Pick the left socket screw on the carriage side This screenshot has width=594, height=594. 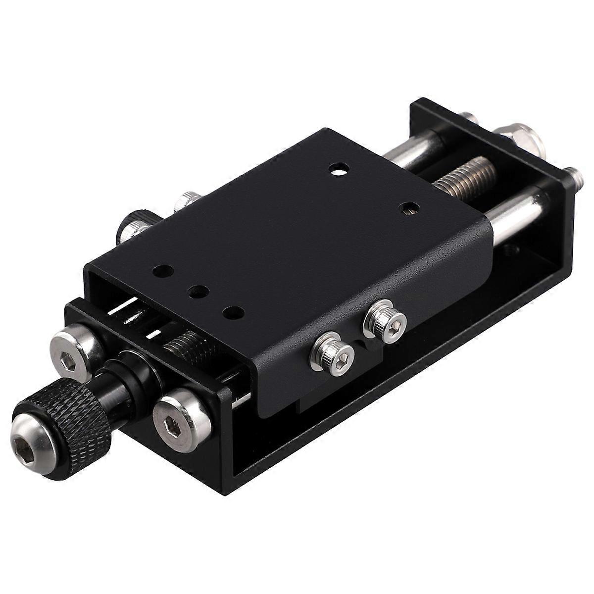337,354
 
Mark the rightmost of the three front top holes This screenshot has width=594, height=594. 233,312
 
